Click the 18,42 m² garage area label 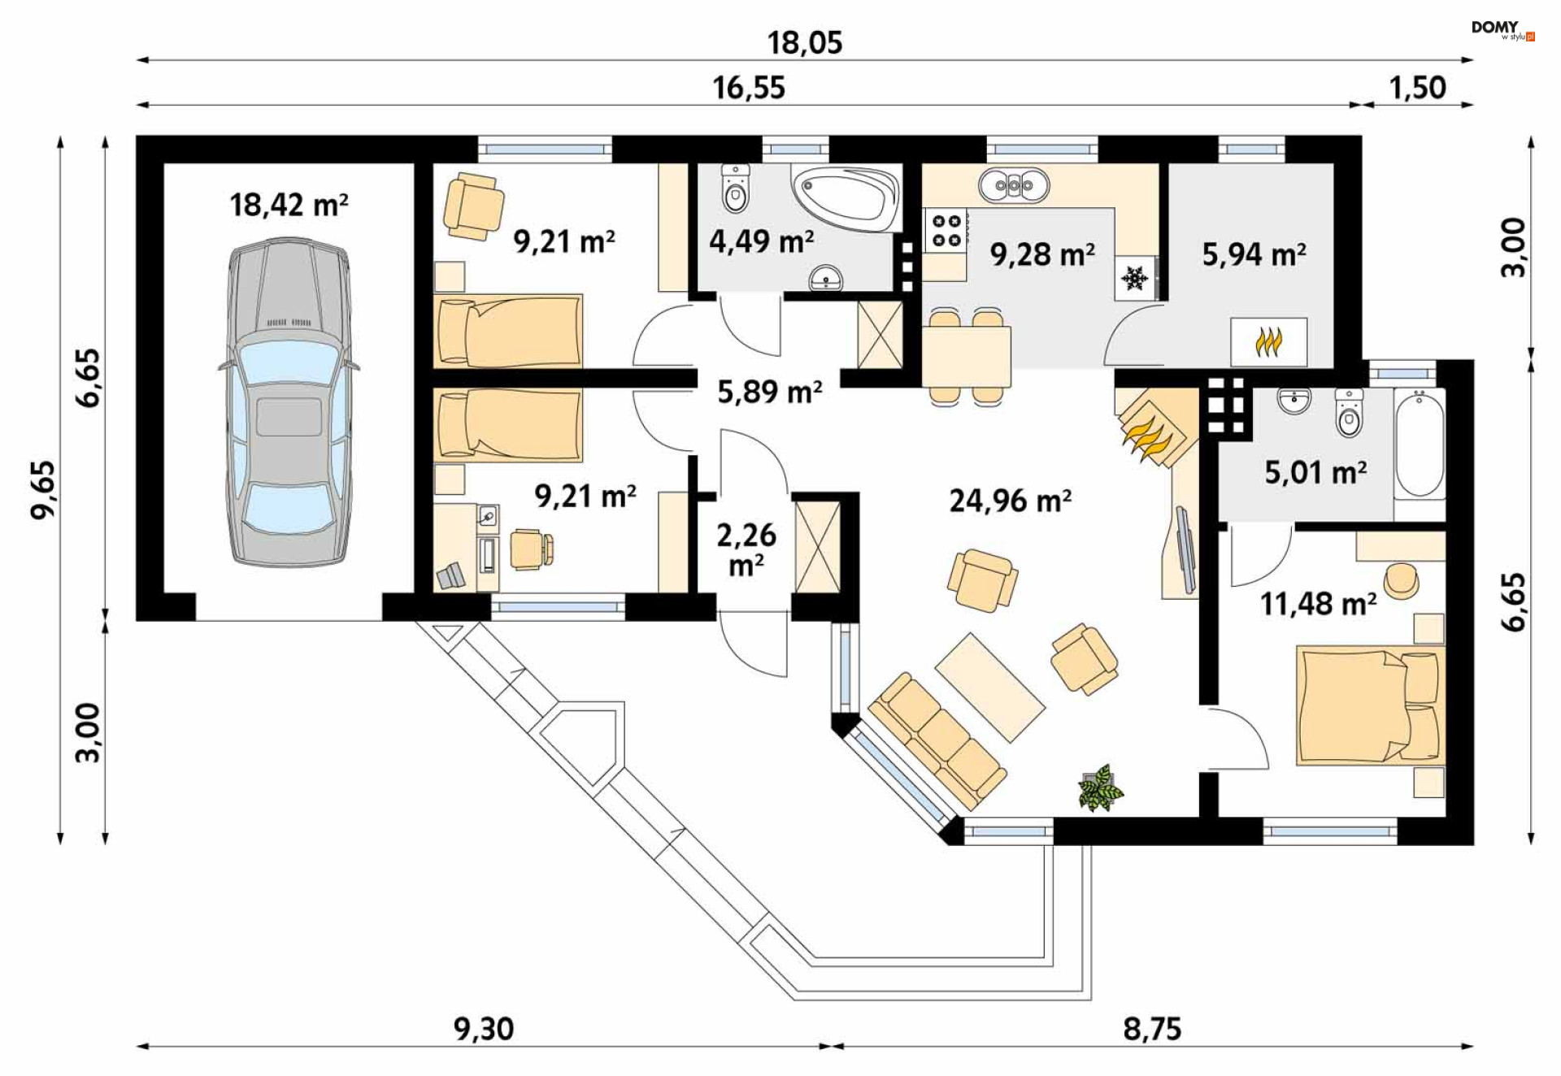[289, 205]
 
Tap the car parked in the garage [289, 402]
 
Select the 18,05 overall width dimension [805, 42]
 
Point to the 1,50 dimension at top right [1417, 88]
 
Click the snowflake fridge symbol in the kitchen [1135, 278]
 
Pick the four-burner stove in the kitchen [946, 231]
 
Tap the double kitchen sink [1014, 186]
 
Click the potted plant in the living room [1101, 787]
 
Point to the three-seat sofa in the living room [937, 741]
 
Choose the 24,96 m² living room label [1010, 501]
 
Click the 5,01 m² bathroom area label [1315, 472]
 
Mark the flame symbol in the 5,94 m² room [1268, 342]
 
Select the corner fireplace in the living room [1155, 427]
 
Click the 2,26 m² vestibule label [746, 549]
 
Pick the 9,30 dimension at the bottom [484, 1029]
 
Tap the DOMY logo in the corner [1502, 30]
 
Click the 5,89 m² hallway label [769, 392]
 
